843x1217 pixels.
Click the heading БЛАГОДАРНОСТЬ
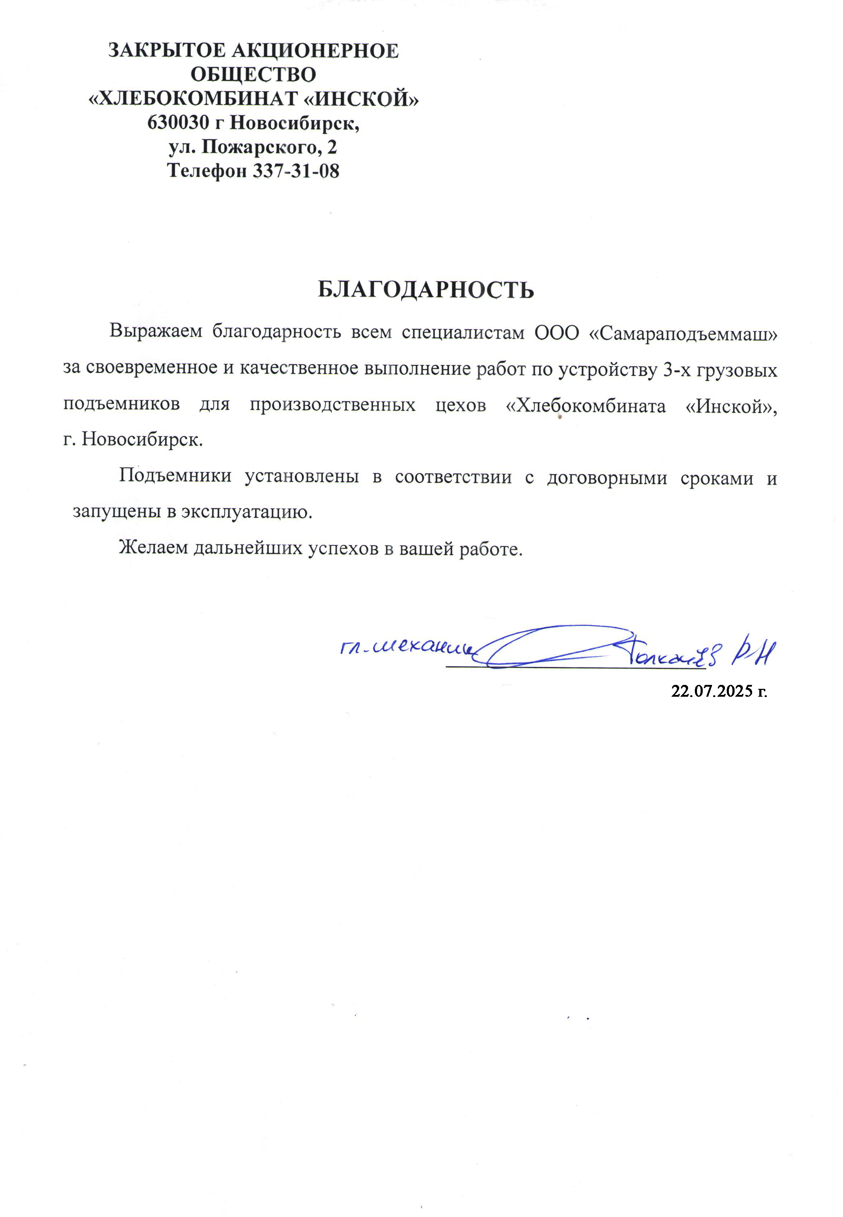[426, 290]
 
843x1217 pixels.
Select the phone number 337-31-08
[296, 171]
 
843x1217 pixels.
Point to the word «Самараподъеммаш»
[682, 333]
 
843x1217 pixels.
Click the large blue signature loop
[555, 647]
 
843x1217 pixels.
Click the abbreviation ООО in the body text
[557, 333]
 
